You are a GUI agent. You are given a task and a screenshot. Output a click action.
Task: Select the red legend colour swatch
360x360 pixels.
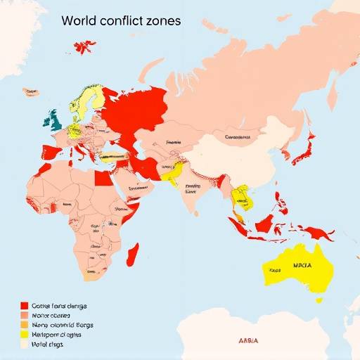(x=25, y=306)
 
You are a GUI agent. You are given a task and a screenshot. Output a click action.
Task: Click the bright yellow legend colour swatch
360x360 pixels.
(x=25, y=335)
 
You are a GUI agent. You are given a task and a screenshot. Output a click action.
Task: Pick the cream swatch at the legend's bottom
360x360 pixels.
(x=25, y=345)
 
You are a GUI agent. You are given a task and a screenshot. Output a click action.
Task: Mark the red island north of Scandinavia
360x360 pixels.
(x=85, y=47)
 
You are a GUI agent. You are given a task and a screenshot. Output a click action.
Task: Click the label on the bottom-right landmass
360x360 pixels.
(x=248, y=340)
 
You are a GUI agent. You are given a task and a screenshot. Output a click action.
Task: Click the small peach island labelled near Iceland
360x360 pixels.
(x=30, y=91)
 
